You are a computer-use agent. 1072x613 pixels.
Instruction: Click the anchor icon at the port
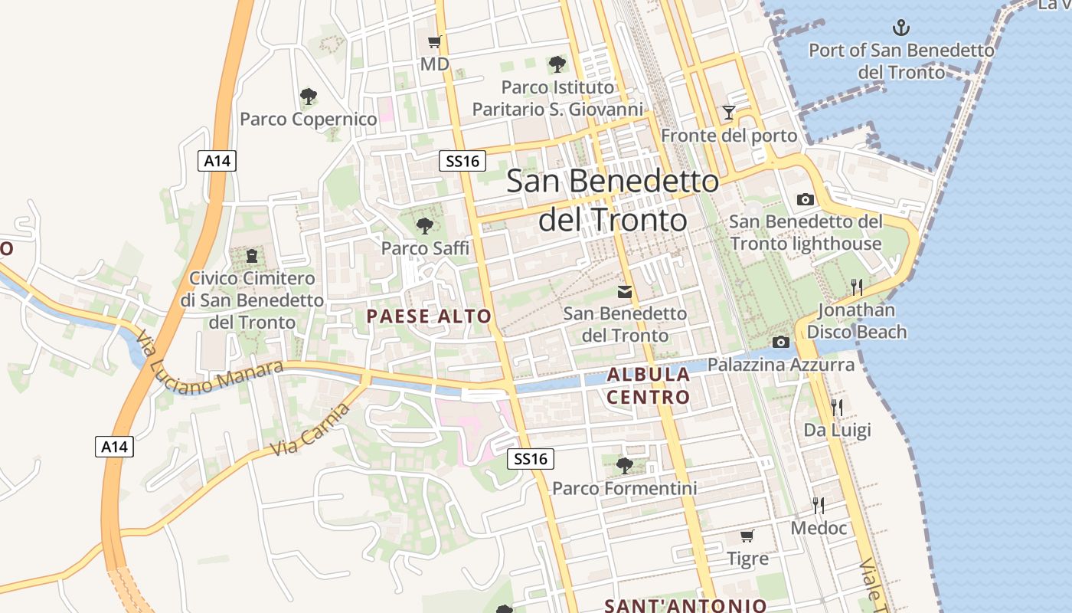901,28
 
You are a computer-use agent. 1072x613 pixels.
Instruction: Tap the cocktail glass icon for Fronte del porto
728,113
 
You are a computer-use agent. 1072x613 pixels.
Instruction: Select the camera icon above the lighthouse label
805,199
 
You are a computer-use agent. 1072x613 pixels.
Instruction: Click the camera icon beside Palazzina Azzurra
781,342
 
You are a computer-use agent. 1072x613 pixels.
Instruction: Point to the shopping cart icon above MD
434,42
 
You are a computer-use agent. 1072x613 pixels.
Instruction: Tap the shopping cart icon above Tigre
747,536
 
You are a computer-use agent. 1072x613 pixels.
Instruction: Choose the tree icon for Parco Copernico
308,97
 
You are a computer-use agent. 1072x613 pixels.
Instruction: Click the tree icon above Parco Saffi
424,225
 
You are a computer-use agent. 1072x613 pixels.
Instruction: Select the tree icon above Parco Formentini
624,465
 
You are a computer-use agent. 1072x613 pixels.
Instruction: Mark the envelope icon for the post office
625,292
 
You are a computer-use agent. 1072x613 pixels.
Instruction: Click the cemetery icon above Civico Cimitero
252,255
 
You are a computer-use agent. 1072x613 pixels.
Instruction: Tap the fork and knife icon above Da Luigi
837,407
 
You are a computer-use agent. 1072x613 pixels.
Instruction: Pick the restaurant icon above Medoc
819,505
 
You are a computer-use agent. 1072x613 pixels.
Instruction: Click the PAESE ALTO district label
429,316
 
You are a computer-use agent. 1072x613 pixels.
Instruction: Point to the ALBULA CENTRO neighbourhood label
649,386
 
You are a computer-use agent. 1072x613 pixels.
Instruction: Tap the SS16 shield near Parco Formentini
530,459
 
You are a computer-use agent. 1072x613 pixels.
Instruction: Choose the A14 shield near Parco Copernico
217,161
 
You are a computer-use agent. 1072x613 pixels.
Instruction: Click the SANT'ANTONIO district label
685,605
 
